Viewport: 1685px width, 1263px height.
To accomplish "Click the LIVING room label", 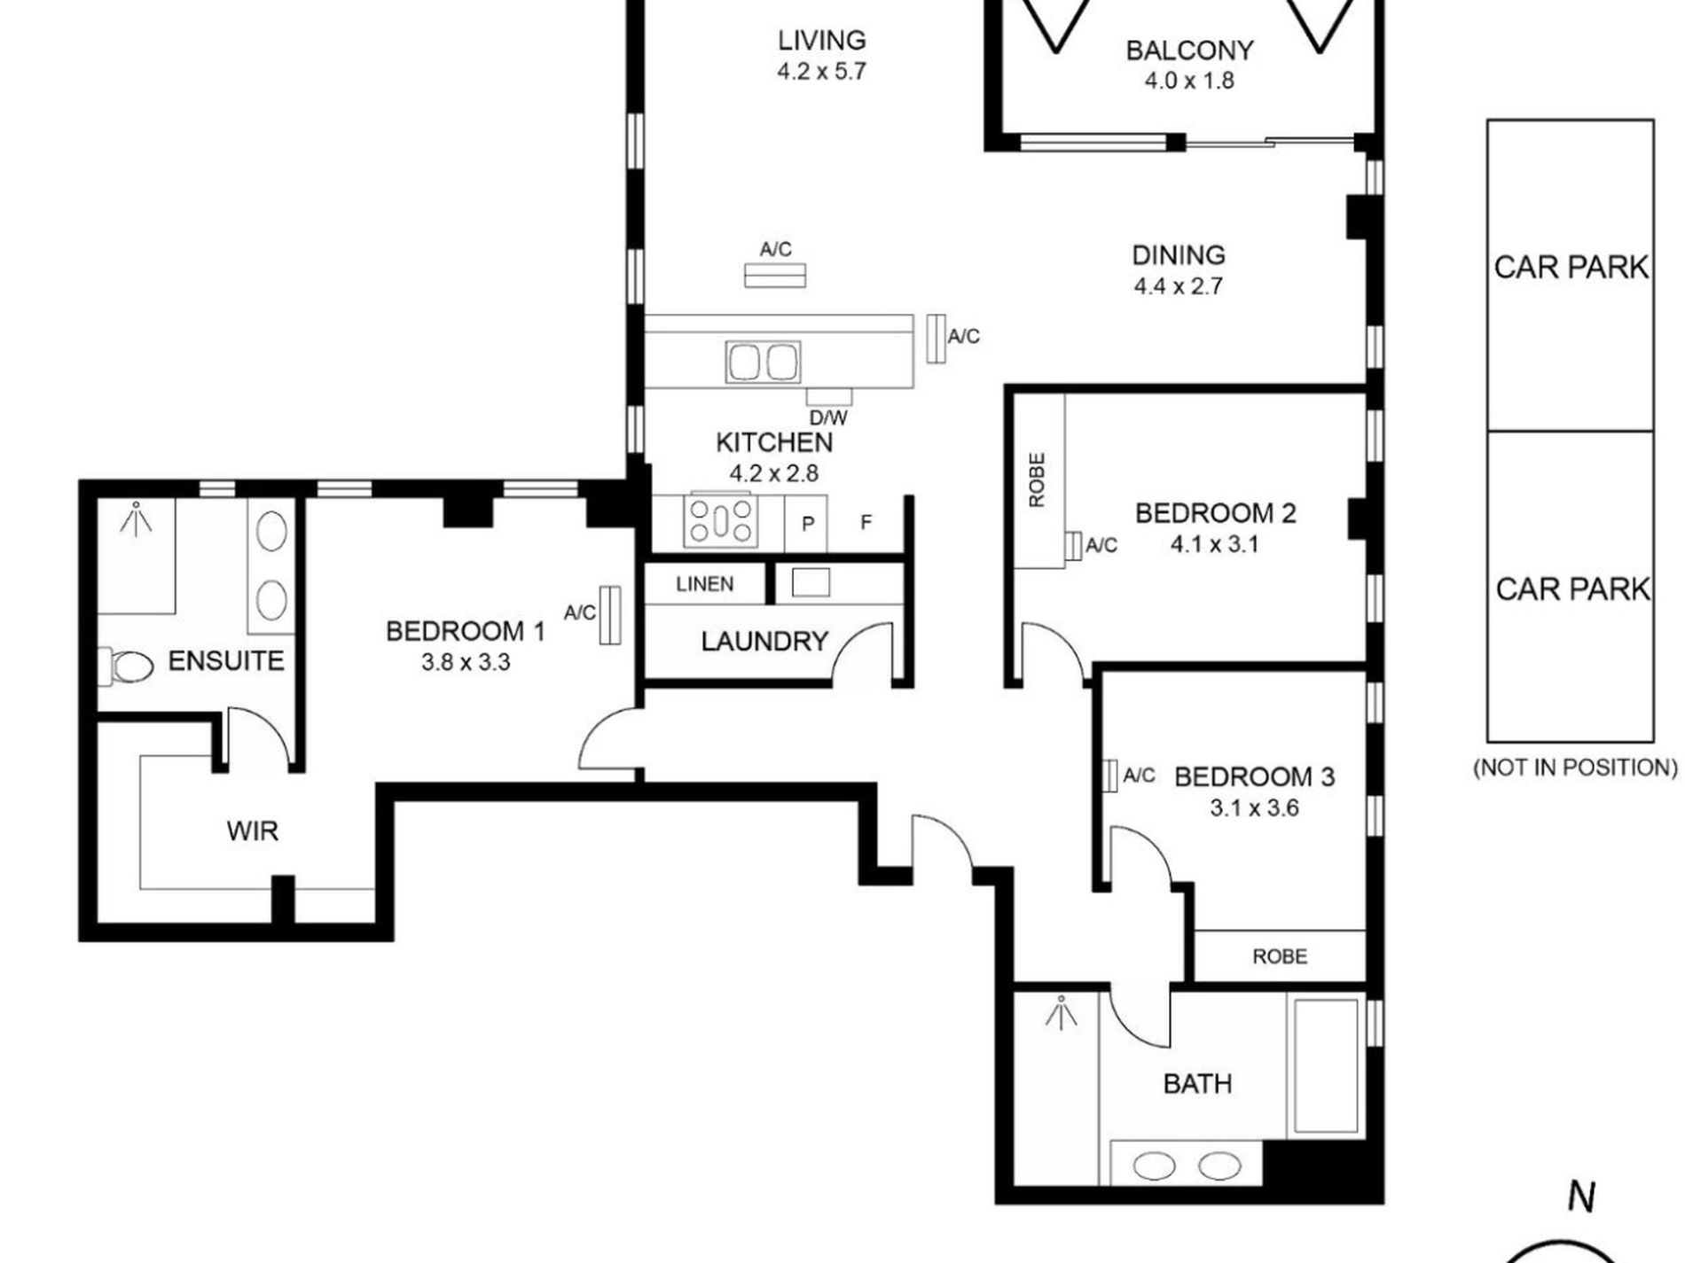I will (821, 41).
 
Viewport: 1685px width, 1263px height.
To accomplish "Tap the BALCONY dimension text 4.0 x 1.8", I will (1188, 81).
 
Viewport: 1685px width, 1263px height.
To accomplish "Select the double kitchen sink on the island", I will (763, 362).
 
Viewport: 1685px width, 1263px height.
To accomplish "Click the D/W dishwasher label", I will (828, 417).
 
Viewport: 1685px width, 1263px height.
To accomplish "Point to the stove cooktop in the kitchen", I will (721, 521).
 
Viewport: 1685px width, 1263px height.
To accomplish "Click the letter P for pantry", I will (807, 524).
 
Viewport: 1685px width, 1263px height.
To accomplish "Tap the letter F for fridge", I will (866, 522).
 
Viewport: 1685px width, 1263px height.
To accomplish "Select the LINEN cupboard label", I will (704, 584).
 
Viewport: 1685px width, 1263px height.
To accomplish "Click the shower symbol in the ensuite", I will (136, 519).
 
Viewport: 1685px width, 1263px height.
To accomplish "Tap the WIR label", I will (252, 831).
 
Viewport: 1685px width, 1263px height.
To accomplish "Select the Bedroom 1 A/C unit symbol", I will (609, 614).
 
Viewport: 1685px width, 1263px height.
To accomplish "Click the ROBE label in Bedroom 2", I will (1037, 480).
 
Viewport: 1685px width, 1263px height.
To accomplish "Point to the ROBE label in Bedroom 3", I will (1279, 956).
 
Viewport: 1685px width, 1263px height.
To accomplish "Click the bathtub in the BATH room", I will (1326, 1066).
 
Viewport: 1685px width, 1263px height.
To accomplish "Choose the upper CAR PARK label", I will (1571, 267).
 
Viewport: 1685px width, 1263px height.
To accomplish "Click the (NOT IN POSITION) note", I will (1574, 768).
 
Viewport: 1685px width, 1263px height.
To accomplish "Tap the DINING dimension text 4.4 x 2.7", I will (1178, 286).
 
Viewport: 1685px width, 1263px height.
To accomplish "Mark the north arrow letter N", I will (1581, 1197).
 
